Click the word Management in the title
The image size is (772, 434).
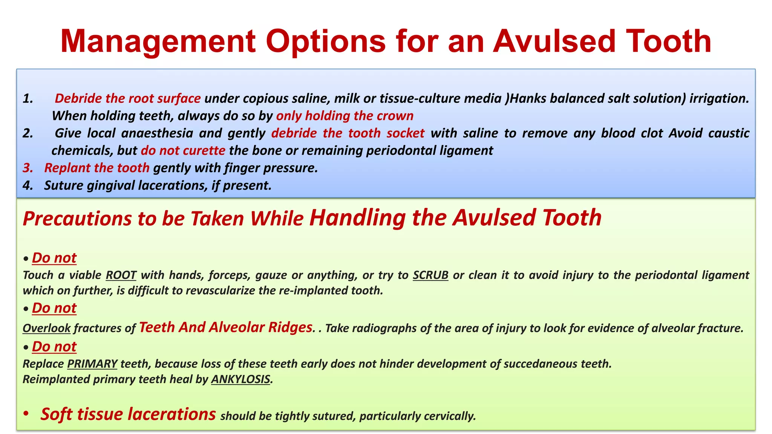[x=158, y=41]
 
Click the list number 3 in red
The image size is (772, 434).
[x=28, y=168]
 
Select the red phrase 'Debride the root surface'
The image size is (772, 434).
[x=127, y=98]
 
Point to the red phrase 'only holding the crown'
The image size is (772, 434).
[x=345, y=116]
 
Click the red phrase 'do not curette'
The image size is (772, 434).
[x=183, y=150]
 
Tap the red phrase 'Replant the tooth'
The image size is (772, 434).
[x=97, y=168]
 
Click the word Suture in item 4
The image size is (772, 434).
[x=64, y=185]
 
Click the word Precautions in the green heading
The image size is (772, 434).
[x=78, y=219]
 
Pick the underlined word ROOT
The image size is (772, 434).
[x=121, y=275]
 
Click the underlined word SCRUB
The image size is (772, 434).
[x=430, y=275]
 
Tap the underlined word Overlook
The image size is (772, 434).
[x=46, y=328]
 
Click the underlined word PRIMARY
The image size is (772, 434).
[x=92, y=364]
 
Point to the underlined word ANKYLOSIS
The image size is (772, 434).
[x=240, y=379]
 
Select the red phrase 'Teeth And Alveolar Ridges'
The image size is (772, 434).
[x=225, y=327]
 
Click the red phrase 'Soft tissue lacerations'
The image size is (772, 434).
[x=128, y=414]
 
